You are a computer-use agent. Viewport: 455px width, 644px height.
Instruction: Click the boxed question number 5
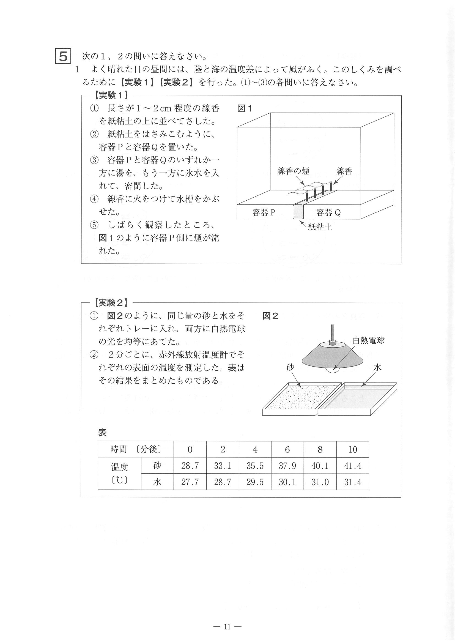pos(63,57)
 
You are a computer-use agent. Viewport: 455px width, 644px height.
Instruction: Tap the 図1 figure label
pos(245,108)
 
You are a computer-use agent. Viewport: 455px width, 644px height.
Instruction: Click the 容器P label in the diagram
pos(264,212)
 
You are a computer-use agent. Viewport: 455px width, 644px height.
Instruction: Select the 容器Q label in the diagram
pos(328,212)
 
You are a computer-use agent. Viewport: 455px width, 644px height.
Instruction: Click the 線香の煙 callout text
pos(293,171)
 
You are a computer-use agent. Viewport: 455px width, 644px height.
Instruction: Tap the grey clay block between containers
pos(298,211)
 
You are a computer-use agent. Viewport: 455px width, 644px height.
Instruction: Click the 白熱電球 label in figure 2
pos(368,340)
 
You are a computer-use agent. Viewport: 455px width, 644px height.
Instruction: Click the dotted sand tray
pos(301,398)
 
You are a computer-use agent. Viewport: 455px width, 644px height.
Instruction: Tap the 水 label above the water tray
pos(377,367)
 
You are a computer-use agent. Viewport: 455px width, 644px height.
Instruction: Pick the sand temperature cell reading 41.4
pos(352,466)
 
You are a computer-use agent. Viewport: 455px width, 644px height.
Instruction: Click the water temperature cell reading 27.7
pos(190,482)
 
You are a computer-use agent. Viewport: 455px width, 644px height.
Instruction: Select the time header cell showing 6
pos(287,450)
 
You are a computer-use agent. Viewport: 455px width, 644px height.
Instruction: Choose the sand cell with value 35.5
pos(255,466)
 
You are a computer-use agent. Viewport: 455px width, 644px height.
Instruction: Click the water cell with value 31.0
pos(320,482)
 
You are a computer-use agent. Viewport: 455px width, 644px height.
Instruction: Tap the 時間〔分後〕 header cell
pos(136,450)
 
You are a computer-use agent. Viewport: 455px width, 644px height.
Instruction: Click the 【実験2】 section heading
pos(111,303)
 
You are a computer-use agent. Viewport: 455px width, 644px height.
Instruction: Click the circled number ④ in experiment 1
pos(94,199)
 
